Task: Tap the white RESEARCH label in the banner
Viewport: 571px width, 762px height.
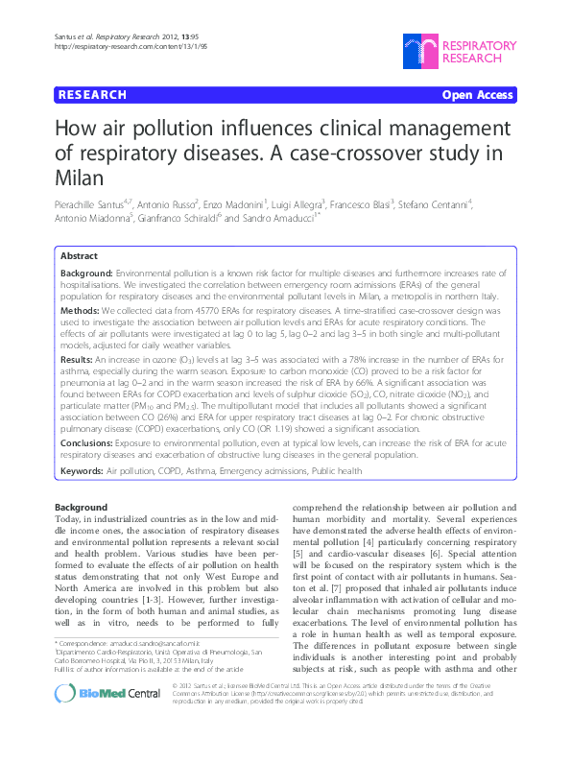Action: (x=93, y=95)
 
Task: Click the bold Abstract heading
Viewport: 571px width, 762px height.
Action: (x=78, y=257)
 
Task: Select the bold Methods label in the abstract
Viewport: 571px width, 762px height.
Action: (x=83, y=312)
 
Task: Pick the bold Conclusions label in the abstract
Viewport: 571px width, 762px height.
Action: (x=90, y=444)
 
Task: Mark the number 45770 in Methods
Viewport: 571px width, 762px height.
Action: (x=188, y=312)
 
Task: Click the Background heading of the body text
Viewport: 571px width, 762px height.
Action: (x=81, y=507)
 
